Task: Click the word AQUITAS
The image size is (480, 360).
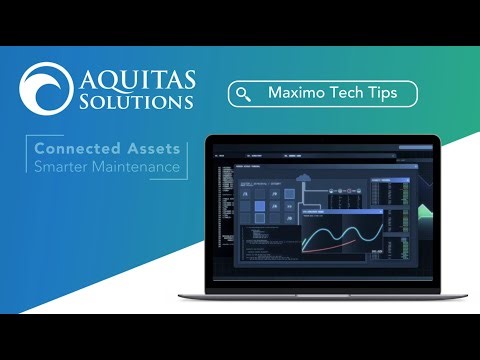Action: (138, 77)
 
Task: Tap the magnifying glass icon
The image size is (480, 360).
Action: (243, 94)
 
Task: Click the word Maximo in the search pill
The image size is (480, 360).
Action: (296, 93)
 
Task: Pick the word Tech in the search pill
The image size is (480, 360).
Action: (345, 93)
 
